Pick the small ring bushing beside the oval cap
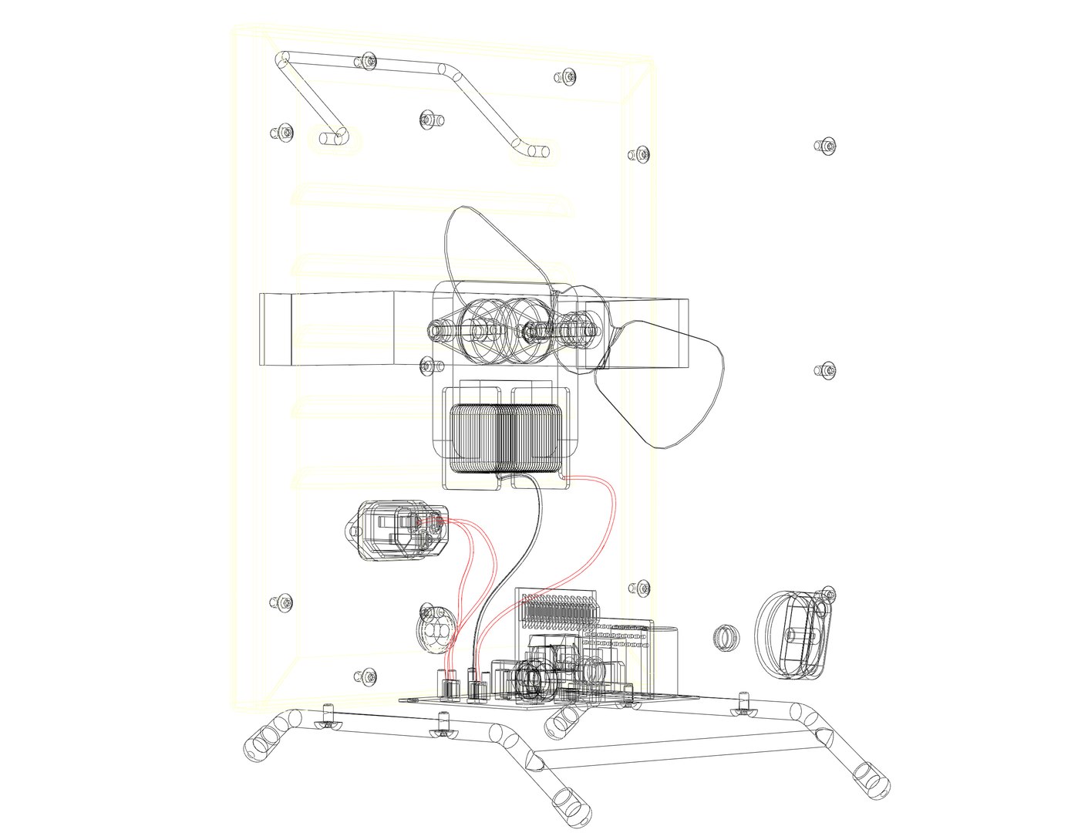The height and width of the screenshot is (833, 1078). coord(724,637)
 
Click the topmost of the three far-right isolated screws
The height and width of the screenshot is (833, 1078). coord(827,146)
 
